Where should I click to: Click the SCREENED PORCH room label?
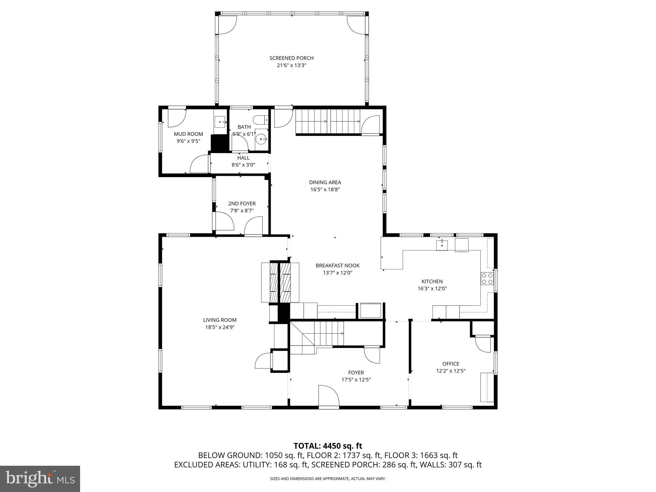pos(291,58)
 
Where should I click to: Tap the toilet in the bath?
pos(260,120)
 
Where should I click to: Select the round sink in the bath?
pos(262,139)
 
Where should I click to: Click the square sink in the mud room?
pos(220,122)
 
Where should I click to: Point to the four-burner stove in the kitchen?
pos(487,278)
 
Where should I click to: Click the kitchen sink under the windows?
pos(442,245)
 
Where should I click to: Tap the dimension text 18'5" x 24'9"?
pos(220,327)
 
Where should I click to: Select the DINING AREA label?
pos(325,182)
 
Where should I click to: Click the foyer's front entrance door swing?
pos(329,396)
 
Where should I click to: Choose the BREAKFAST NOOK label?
pos(338,266)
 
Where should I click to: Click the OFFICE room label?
pos(451,364)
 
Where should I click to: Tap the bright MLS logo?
pos(40,479)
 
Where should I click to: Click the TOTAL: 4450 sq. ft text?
pos(328,446)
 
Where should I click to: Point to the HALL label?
pos(243,158)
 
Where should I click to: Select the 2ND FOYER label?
pos(242,204)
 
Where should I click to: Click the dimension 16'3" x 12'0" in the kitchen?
pos(432,288)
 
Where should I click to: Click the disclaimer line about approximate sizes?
pos(328,479)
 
